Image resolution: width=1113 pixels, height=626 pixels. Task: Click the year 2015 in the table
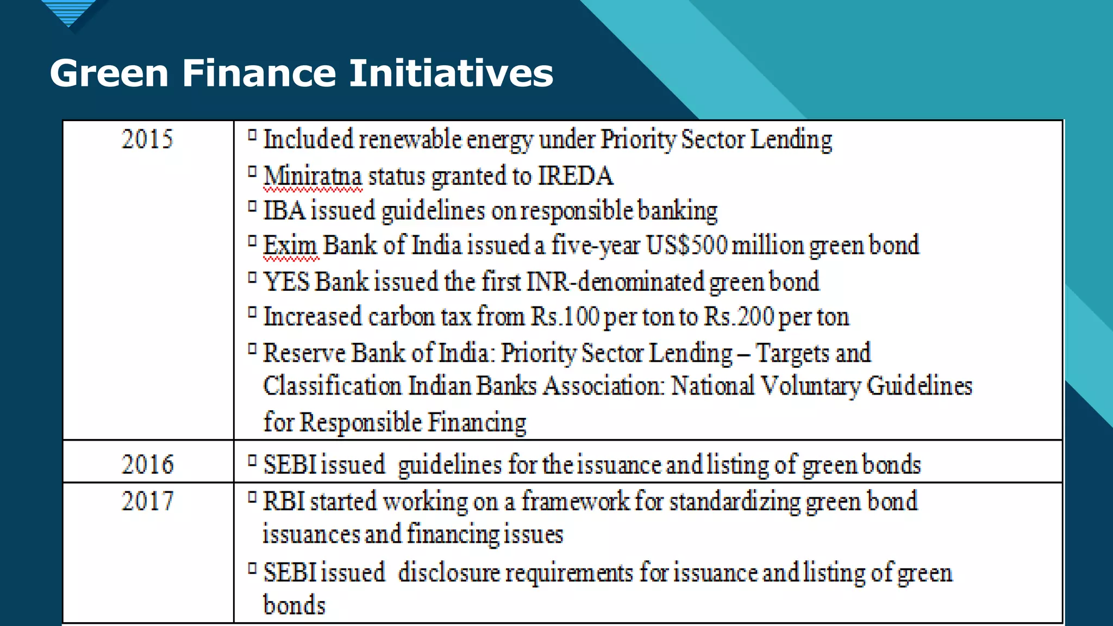pos(147,139)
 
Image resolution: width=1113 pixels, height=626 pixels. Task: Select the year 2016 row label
pos(147,465)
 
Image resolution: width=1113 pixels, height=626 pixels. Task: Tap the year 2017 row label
pos(147,501)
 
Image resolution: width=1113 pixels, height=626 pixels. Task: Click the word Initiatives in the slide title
pos(451,73)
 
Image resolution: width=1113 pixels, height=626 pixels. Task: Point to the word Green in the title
pos(109,73)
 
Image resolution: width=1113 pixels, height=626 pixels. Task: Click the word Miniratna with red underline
pos(312,177)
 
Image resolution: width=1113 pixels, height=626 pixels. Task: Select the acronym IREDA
pos(576,176)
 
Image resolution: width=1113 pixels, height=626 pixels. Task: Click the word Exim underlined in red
pos(290,245)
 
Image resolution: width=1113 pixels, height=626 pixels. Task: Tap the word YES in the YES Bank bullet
pos(286,281)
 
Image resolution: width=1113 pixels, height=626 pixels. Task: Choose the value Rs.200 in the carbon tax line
pos(739,316)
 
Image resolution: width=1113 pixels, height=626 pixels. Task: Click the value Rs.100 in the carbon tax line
pos(565,316)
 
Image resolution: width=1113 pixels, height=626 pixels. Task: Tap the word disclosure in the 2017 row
pos(448,573)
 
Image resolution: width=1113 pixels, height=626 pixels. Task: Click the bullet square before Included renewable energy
pos(252,135)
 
